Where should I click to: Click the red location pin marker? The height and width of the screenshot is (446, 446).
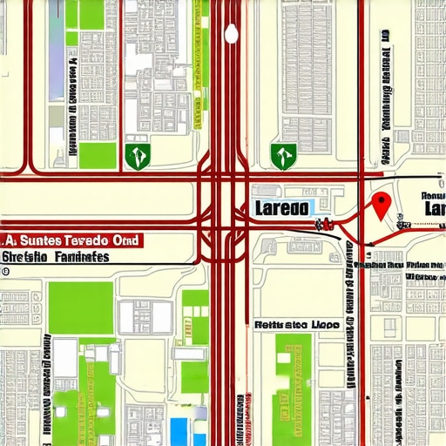point(380,204)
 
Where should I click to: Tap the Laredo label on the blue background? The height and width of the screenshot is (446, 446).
point(281,209)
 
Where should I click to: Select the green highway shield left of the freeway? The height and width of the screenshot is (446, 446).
point(138,156)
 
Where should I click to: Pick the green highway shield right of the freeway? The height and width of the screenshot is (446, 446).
point(283,156)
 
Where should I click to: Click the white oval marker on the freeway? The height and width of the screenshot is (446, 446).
point(231,34)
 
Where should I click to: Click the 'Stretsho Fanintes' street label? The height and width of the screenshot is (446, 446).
point(56,257)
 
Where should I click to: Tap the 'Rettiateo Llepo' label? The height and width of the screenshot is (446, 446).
point(295,324)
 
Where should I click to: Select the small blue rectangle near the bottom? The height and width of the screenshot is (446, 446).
point(179,429)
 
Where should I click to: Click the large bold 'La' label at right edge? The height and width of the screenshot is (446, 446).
point(433,210)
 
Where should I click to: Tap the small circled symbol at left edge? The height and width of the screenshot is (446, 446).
point(5,272)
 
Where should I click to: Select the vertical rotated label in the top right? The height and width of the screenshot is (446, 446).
point(384,96)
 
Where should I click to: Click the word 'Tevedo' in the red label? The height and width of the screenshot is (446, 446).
point(84,240)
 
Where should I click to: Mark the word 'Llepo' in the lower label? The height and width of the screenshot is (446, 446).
point(321,324)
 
